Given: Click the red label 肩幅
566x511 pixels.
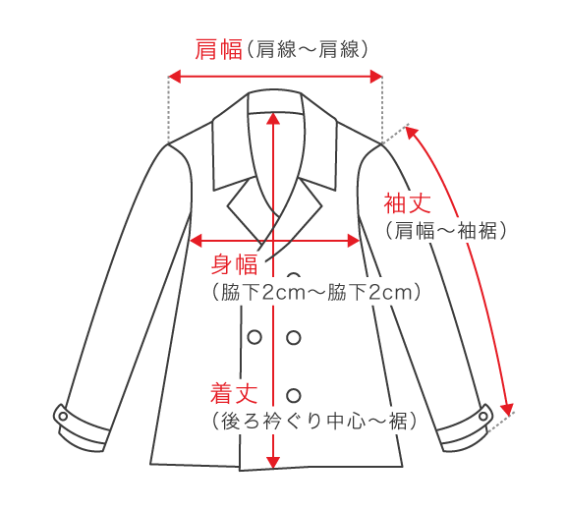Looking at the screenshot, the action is click(218, 49).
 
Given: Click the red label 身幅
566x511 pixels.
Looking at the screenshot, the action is click(234, 264).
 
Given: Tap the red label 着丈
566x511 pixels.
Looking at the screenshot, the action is click(234, 393).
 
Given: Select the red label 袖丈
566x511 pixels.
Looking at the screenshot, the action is click(407, 203).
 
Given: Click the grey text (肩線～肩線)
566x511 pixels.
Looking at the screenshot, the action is click(308, 49).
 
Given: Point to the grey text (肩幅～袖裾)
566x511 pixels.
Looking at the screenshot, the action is click(446, 231).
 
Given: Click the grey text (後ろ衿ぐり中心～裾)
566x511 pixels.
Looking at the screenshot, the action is click(314, 421).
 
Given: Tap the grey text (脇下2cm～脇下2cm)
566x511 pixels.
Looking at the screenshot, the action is click(316, 292).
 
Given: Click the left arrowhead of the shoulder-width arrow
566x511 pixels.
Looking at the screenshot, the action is click(174, 77).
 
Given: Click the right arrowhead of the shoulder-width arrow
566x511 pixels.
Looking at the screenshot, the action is click(376, 77).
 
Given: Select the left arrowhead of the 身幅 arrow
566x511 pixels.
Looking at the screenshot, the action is click(196, 241).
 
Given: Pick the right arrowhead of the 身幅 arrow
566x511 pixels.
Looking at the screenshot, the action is click(354, 241).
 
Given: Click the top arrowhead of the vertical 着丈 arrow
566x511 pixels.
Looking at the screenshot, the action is click(273, 118).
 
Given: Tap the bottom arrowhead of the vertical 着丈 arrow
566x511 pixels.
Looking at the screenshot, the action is click(273, 463).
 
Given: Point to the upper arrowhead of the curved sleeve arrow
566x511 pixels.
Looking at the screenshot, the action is click(411, 133).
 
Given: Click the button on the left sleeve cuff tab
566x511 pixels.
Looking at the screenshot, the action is click(63, 417).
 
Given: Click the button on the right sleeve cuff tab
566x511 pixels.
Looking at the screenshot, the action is click(483, 417).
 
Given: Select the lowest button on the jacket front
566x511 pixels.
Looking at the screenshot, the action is click(294, 395).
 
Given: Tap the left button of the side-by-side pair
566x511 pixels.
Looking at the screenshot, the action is click(255, 337).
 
